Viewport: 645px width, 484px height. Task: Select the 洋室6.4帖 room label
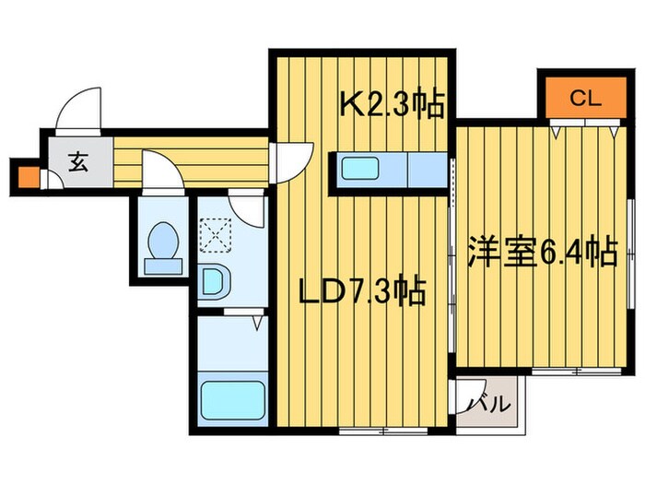pyautogui.click(x=540, y=252)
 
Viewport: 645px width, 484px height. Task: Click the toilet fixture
pyautogui.click(x=164, y=244)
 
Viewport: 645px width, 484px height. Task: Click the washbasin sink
pyautogui.click(x=214, y=281)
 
